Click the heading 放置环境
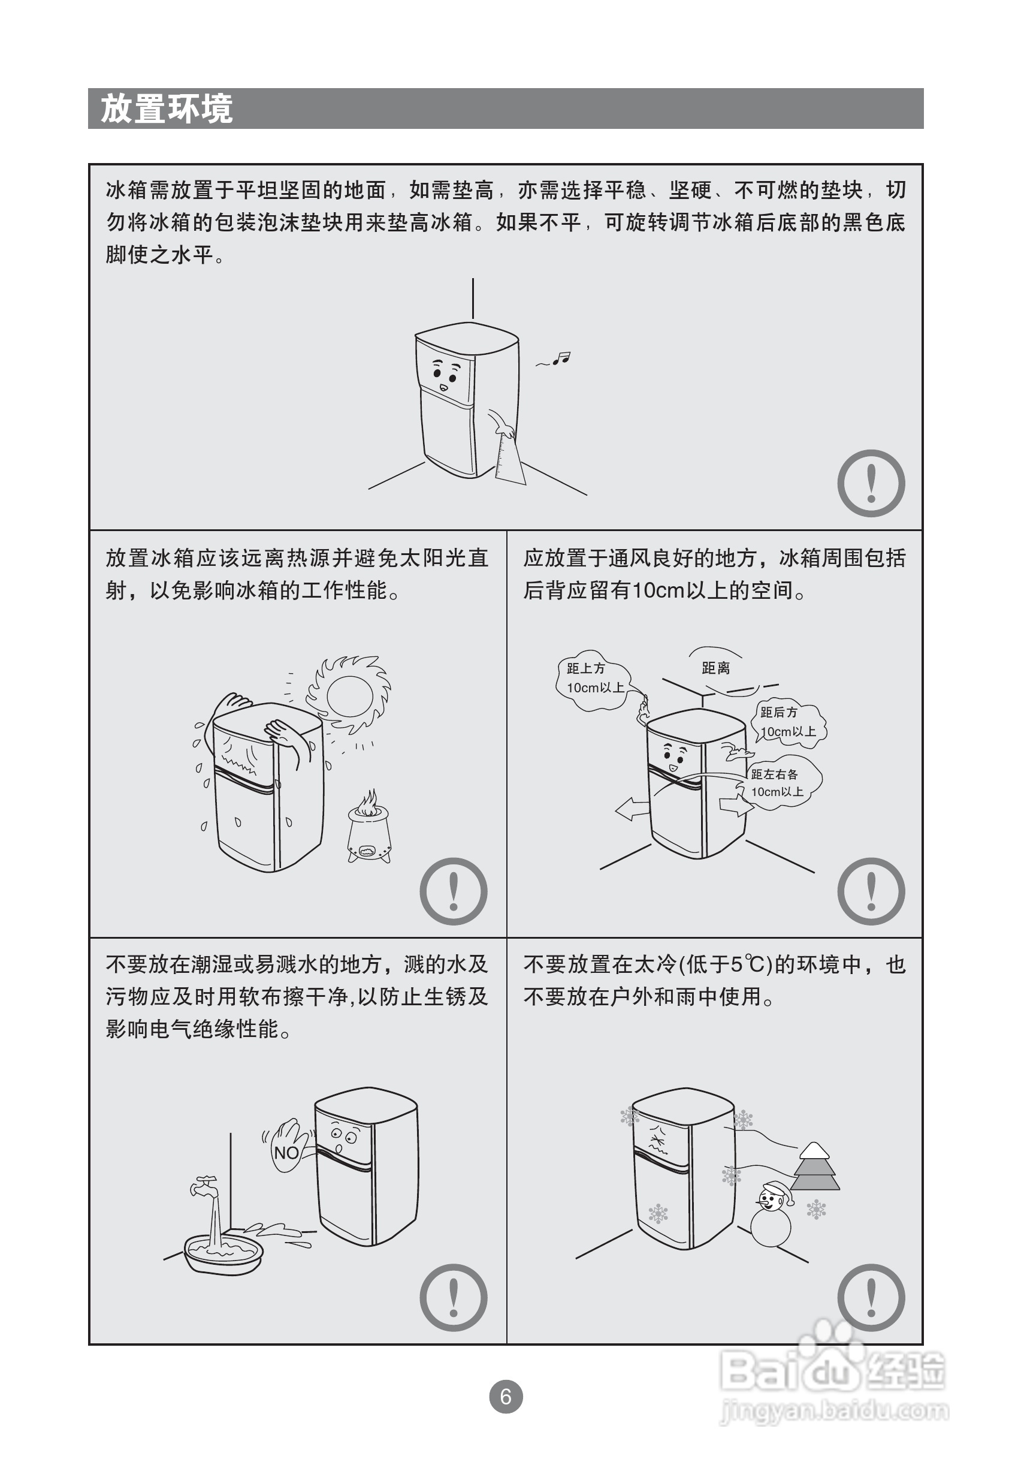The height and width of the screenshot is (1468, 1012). click(167, 108)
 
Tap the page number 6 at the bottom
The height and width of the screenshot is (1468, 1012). click(505, 1396)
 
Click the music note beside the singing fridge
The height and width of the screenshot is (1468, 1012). click(561, 358)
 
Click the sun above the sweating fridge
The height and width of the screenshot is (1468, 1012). click(348, 695)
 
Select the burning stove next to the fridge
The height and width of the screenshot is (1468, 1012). click(369, 826)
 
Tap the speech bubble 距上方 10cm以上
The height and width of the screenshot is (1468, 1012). click(593, 679)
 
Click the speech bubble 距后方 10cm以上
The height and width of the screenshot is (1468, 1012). click(788, 722)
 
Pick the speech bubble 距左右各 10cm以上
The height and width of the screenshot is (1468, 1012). click(781, 783)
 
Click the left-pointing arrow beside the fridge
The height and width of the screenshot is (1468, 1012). click(632, 809)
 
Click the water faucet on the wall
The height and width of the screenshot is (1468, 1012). click(204, 1186)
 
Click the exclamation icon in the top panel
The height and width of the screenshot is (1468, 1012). click(871, 483)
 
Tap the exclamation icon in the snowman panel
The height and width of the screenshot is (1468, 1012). click(871, 1297)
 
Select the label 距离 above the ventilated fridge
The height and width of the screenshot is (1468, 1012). click(715, 668)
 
